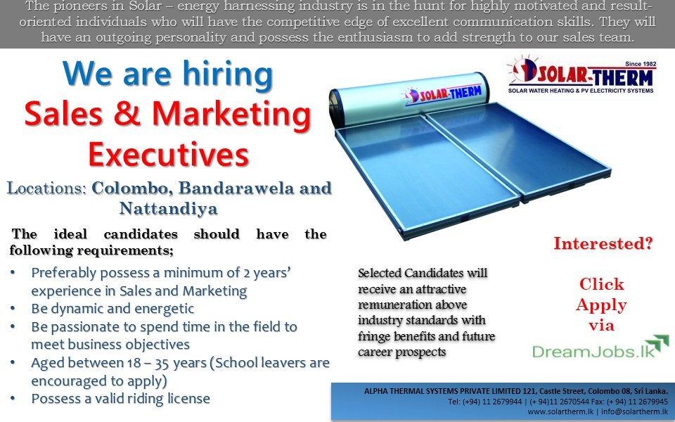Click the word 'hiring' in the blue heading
pos(228,75)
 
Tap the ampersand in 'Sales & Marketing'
pos(127,114)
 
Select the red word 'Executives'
pos(169,154)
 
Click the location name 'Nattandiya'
pos(168,208)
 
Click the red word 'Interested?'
pos(603,244)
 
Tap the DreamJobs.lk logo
pos(600,347)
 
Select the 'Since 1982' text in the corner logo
pos(641,64)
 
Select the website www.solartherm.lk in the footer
pos(560,411)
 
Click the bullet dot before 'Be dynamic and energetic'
pos(13,308)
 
